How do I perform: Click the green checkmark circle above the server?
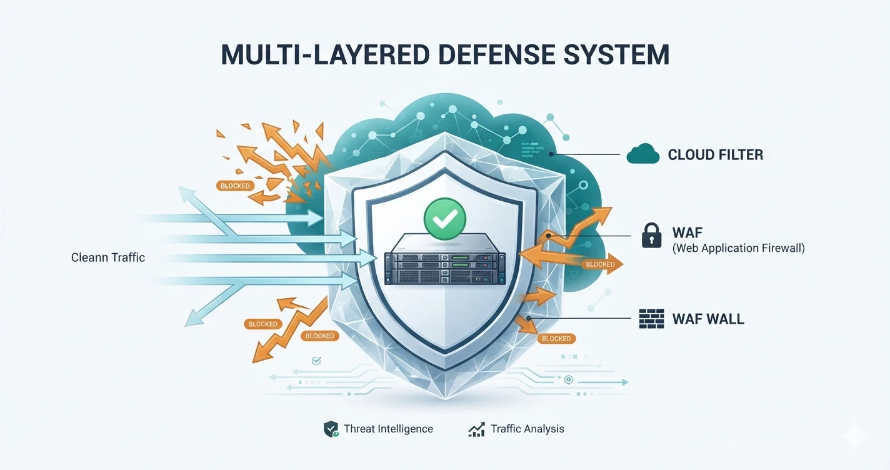[445, 219]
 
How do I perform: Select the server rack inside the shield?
[445, 259]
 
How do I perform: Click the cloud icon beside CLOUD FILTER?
[643, 154]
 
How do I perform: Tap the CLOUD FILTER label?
[715, 154]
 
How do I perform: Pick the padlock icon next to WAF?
[652, 236]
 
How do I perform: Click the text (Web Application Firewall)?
[739, 248]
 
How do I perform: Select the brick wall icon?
[652, 319]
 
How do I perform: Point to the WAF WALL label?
[708, 319]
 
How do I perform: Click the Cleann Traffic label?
[108, 257]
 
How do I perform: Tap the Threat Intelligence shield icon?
[331, 429]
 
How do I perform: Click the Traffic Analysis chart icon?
[476, 429]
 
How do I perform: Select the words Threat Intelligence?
[388, 429]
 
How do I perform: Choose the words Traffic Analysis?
[527, 429]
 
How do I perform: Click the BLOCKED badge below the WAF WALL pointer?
[556, 339]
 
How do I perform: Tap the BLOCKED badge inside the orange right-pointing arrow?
[601, 264]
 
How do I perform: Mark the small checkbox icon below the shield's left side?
[317, 361]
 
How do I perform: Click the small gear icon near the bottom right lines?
[569, 380]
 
